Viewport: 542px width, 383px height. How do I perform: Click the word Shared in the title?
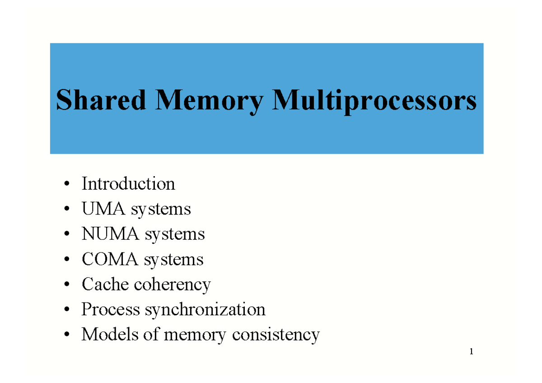pyautogui.click(x=101, y=100)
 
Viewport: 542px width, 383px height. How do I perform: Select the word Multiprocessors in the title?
pyautogui.click(x=374, y=101)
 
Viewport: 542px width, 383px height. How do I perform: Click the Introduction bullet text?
pyautogui.click(x=128, y=184)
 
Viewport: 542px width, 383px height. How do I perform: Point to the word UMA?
pyautogui.click(x=103, y=209)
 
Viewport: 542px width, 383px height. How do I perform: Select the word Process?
pyautogui.click(x=111, y=310)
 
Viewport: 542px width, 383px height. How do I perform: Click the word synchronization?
pyautogui.click(x=205, y=310)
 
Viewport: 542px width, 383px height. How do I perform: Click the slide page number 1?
pyautogui.click(x=471, y=352)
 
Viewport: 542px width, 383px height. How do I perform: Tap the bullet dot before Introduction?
pyautogui.click(x=67, y=184)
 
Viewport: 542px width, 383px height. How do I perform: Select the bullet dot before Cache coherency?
pyautogui.click(x=67, y=285)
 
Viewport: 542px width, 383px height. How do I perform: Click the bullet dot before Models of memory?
pyautogui.click(x=67, y=335)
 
